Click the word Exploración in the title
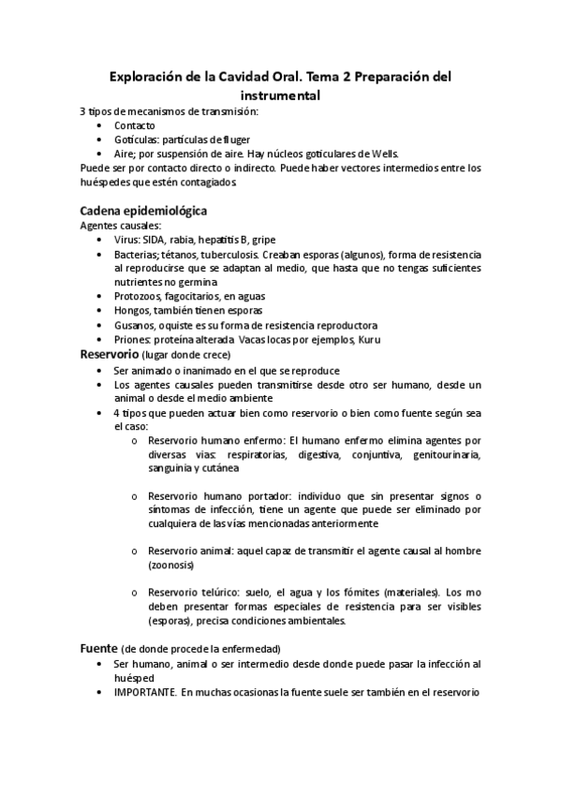pyautogui.click(x=145, y=78)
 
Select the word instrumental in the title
pyautogui.click(x=280, y=96)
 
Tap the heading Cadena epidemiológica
pyautogui.click(x=143, y=210)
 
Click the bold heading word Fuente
pyautogui.click(x=98, y=648)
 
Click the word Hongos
pyautogui.click(x=133, y=310)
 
